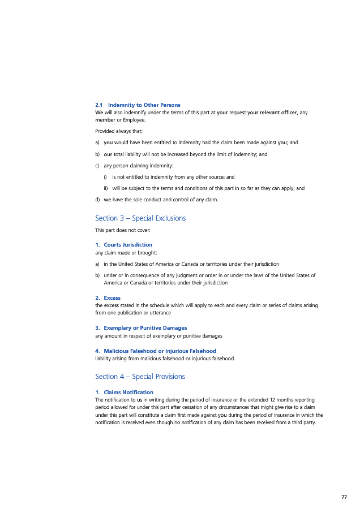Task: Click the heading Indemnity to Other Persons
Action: click(x=144, y=105)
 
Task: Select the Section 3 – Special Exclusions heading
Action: click(x=140, y=218)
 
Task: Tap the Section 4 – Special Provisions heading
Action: click(x=140, y=377)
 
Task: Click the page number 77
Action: click(x=344, y=497)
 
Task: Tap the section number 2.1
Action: click(x=99, y=105)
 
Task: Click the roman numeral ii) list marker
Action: click(x=106, y=188)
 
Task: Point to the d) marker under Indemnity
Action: click(x=98, y=199)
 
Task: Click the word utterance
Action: click(x=160, y=313)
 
